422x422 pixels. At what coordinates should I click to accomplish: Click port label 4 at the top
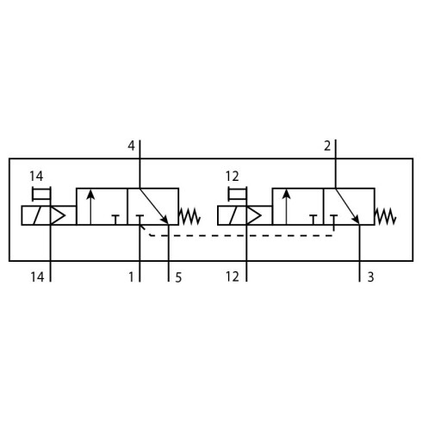click(x=131, y=146)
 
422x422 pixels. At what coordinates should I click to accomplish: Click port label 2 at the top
click(x=327, y=146)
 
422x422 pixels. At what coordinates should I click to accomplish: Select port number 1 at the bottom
click(x=131, y=277)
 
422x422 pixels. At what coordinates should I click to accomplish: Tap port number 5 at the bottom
click(x=178, y=277)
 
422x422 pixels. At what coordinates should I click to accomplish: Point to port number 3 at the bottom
click(x=370, y=277)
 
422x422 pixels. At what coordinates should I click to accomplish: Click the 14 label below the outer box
click(x=37, y=277)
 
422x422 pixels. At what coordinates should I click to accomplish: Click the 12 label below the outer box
click(x=232, y=276)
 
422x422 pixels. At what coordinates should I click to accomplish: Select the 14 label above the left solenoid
click(x=36, y=177)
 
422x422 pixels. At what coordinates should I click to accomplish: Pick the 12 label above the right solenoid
click(x=232, y=177)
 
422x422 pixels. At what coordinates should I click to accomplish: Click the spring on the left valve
click(x=189, y=216)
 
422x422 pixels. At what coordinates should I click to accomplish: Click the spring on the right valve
click(x=386, y=216)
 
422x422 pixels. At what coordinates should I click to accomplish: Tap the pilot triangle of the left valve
click(x=58, y=215)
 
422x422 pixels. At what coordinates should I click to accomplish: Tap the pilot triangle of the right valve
click(x=254, y=215)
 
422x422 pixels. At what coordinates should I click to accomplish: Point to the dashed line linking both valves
click(x=241, y=236)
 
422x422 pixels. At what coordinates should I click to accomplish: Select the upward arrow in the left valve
click(x=90, y=207)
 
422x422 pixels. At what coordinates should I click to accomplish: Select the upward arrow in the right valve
click(x=287, y=207)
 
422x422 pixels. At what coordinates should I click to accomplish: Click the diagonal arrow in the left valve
click(x=154, y=206)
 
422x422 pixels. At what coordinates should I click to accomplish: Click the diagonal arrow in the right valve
click(x=347, y=206)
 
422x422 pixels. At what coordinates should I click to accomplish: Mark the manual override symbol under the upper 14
click(x=41, y=194)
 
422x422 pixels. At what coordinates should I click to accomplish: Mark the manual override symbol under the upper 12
click(x=237, y=194)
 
